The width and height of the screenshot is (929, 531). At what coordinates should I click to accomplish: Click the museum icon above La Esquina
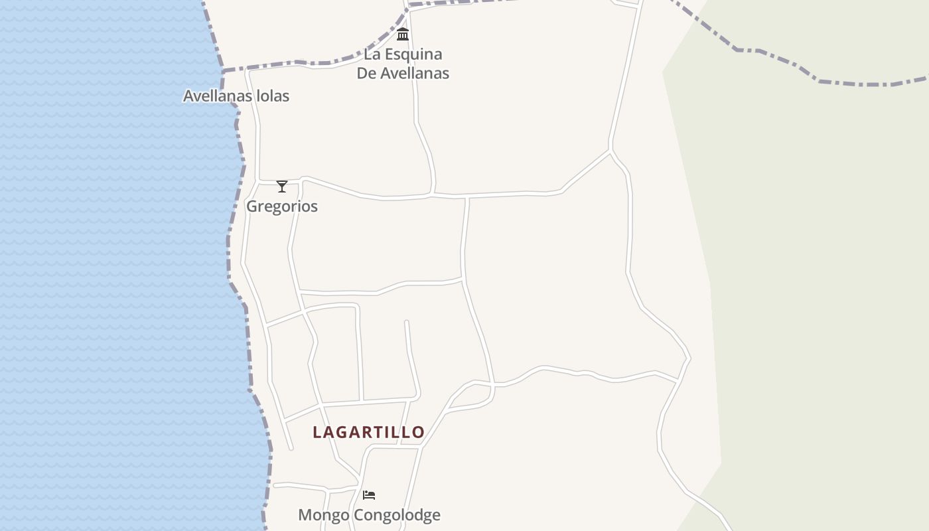click(403, 34)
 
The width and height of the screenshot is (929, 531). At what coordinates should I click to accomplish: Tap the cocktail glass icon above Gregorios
click(282, 187)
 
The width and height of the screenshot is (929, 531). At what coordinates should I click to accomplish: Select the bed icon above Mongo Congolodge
click(369, 494)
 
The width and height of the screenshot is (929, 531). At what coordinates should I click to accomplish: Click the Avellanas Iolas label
click(236, 96)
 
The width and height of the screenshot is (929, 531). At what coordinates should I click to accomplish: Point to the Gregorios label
click(282, 206)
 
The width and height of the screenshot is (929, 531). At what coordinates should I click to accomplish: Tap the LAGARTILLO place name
click(368, 432)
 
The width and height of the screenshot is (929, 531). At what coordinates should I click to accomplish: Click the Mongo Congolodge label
click(369, 515)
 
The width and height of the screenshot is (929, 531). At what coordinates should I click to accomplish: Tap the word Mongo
click(323, 515)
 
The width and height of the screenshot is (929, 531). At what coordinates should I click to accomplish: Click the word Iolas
click(273, 96)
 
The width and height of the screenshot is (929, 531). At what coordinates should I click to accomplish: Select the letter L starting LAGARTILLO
click(317, 432)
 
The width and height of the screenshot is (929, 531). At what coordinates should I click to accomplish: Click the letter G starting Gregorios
click(252, 206)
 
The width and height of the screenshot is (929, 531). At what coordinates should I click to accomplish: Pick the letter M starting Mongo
click(305, 515)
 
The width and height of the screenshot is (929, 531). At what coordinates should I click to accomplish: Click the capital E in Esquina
click(386, 54)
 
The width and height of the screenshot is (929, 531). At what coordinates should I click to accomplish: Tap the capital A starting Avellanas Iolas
click(188, 96)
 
